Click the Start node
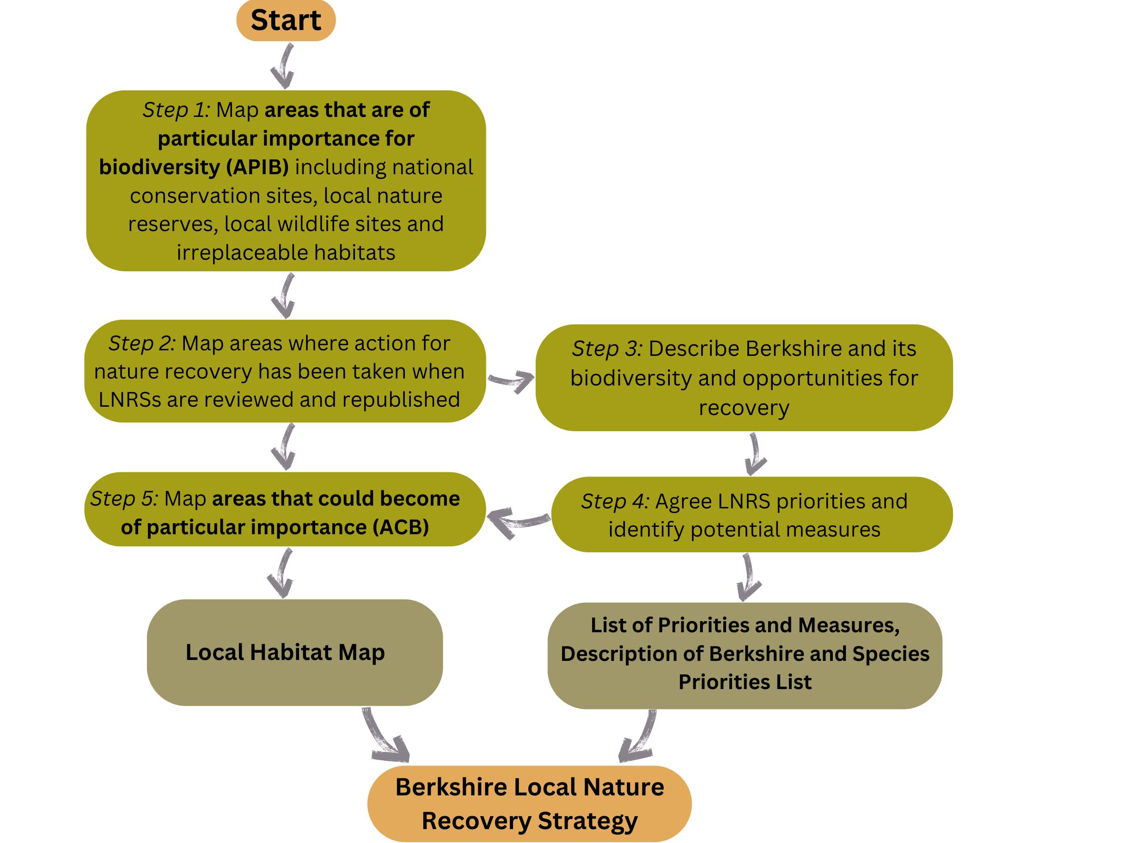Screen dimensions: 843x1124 click(286, 20)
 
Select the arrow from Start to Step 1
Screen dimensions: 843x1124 click(283, 66)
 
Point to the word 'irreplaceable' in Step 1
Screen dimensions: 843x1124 click(242, 252)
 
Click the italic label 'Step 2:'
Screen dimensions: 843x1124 click(142, 343)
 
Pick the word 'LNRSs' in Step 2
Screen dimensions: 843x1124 click(129, 400)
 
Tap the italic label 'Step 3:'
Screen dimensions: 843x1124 click(607, 348)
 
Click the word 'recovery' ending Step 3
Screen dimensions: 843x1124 click(744, 408)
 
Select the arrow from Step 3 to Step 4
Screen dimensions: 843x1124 click(755, 454)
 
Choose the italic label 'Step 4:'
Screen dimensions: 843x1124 click(615, 501)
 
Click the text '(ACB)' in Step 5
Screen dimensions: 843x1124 click(400, 527)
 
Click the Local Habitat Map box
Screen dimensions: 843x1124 click(295, 653)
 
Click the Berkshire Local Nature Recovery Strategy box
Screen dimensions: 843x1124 click(530, 803)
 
